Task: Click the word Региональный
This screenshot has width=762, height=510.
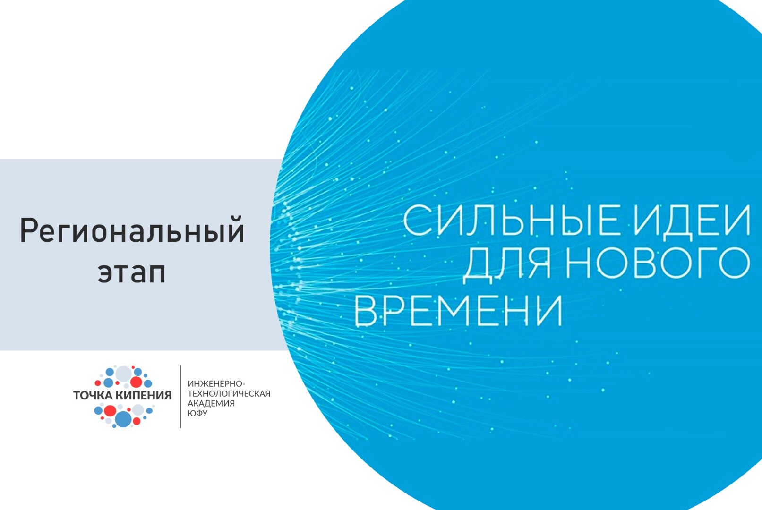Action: pos(132,231)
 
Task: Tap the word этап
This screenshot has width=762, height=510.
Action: pos(132,273)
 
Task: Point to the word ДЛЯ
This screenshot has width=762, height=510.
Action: pos(506,263)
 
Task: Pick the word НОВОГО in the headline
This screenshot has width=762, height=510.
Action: pos(658,263)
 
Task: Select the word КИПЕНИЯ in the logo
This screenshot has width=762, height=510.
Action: pos(144,395)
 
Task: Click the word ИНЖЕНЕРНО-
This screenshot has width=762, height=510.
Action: pos(216,384)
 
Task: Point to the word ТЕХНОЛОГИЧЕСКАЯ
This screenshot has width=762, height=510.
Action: pos(229,394)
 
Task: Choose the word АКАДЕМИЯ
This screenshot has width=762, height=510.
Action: pos(211,404)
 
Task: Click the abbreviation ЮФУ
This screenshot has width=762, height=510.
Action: pos(197,413)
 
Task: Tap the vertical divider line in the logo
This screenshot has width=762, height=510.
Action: pos(181,397)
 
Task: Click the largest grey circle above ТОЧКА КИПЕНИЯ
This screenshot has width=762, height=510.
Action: pos(124,374)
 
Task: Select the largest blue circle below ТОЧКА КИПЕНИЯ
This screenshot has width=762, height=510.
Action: pos(123,418)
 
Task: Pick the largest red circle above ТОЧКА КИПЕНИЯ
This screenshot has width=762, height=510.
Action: pos(136,382)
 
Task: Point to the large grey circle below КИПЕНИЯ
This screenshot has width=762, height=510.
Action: pos(137,409)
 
